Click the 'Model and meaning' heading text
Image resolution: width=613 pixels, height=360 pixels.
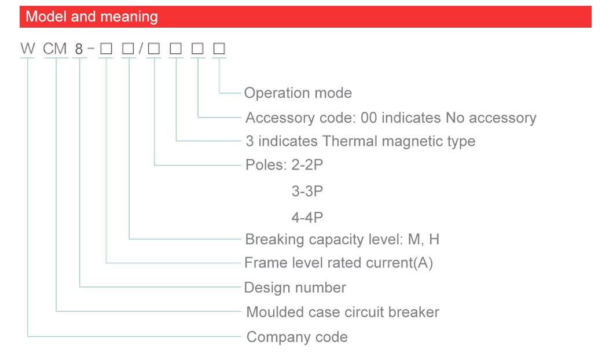(91, 17)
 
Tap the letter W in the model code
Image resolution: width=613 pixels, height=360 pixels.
(28, 49)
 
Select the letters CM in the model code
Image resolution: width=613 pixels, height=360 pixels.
(55, 49)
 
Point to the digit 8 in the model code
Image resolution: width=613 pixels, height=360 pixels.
(79, 49)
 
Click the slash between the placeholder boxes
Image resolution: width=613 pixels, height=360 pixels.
(141, 49)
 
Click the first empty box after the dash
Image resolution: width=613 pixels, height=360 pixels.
(106, 49)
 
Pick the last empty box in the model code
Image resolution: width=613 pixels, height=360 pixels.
(219, 49)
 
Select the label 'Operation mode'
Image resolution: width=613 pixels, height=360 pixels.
(298, 93)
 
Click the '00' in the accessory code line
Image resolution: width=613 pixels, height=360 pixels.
(369, 117)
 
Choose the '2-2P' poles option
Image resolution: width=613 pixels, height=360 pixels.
(307, 165)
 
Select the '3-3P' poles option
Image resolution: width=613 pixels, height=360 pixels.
(307, 191)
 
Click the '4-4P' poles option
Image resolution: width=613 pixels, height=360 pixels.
(307, 217)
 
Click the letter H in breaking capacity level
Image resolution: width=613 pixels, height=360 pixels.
(434, 239)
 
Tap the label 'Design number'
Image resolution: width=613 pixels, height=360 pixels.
(295, 288)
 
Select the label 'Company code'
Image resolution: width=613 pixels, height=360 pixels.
(297, 337)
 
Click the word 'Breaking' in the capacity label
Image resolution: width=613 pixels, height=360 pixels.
(274, 239)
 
